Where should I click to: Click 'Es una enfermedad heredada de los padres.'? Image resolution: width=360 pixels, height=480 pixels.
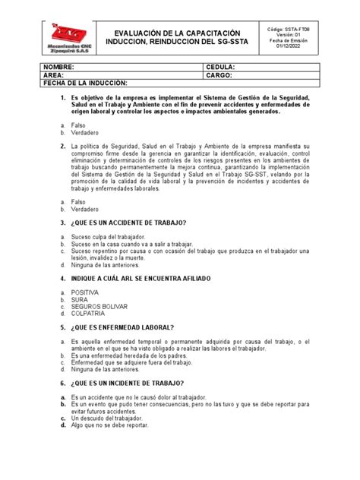pyautogui.click(x=131, y=356)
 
